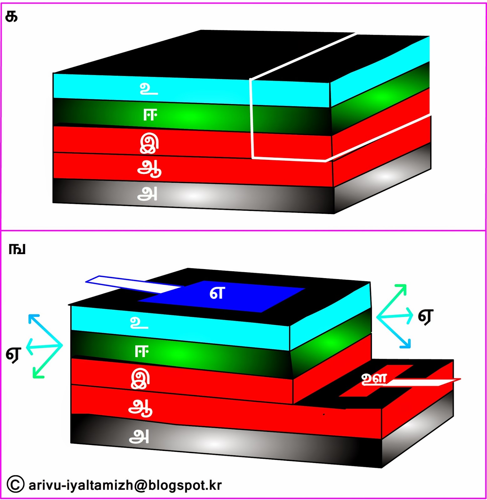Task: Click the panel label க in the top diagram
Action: point(12,17)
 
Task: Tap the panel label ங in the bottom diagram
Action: point(17,249)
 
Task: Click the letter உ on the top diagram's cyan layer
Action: point(149,89)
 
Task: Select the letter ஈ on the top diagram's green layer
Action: point(150,115)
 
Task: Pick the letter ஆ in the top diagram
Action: point(149,169)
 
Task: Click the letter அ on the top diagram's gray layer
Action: point(147,194)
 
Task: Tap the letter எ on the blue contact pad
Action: point(217,293)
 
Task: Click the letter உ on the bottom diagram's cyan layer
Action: point(139,322)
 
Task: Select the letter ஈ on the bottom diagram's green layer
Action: point(141,352)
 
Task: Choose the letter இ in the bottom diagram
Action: point(140,379)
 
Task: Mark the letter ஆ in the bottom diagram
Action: point(140,408)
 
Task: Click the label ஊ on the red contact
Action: point(374,379)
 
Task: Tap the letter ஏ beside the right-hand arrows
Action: point(426,317)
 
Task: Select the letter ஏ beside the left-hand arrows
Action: point(13,354)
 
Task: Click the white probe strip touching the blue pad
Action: point(131,284)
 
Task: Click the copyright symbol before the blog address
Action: point(15,484)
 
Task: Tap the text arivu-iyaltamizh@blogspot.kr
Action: point(125,485)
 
